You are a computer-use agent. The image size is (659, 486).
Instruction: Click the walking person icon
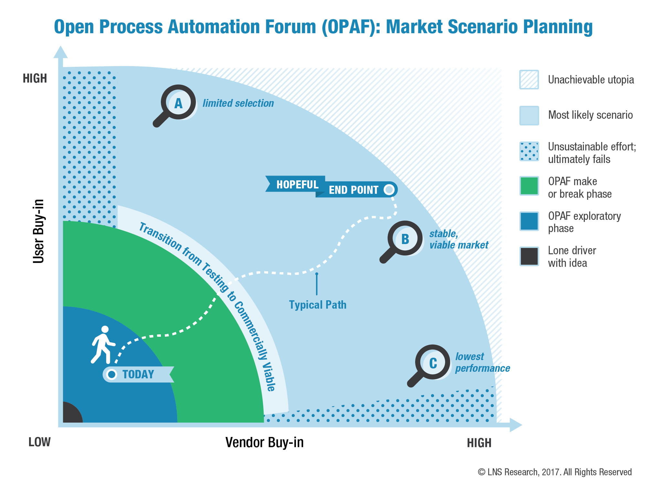point(103,345)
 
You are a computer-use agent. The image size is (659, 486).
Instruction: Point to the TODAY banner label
point(138,374)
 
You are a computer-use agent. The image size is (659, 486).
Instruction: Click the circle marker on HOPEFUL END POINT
point(389,189)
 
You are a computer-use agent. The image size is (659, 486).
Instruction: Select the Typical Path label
point(318,305)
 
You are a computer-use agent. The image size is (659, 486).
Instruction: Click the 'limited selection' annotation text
point(238,103)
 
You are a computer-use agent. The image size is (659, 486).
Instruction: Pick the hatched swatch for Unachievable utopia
point(529,79)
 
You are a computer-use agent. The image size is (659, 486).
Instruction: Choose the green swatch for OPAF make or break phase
point(529,186)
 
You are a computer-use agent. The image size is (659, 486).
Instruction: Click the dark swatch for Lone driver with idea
point(529,256)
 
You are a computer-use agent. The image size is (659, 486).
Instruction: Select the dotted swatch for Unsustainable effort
point(529,151)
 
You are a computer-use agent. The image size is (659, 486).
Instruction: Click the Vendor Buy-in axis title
point(264,442)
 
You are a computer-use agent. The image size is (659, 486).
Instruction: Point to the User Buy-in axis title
point(38,231)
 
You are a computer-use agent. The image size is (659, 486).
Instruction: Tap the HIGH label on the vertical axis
point(35,78)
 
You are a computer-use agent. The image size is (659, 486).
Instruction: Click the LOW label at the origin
point(39,442)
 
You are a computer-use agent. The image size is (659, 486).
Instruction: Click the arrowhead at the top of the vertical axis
point(60,52)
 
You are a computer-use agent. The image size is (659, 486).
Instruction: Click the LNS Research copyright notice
point(554,472)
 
